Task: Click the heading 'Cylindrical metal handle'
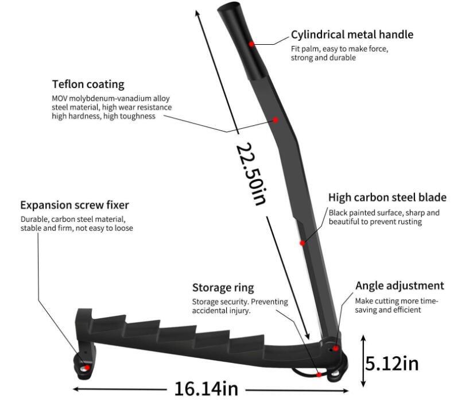click(x=352, y=34)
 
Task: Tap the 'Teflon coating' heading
click(x=88, y=84)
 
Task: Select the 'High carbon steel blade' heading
click(x=387, y=198)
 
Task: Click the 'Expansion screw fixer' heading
click(x=75, y=205)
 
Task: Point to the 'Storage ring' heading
click(x=223, y=288)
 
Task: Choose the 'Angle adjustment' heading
click(x=400, y=285)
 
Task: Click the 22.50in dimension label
click(x=251, y=174)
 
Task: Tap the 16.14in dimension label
click(x=206, y=389)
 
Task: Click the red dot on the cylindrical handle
click(x=251, y=44)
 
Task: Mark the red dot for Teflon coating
click(x=276, y=120)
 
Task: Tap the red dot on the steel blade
click(x=302, y=243)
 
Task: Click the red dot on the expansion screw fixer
click(x=87, y=368)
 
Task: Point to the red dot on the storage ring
click(x=319, y=375)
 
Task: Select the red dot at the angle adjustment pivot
click(x=335, y=348)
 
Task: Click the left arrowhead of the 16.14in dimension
click(x=76, y=389)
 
